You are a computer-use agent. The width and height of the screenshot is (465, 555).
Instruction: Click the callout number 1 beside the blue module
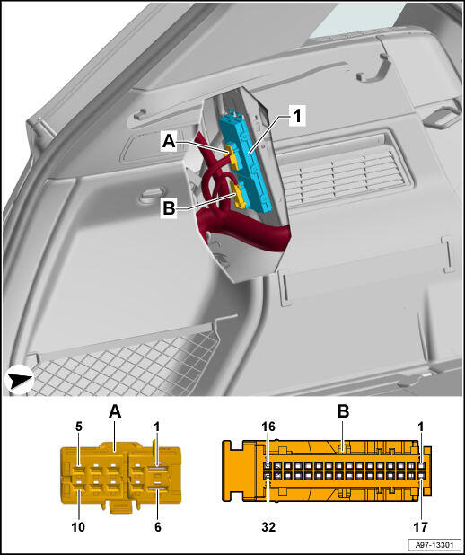click(x=297, y=116)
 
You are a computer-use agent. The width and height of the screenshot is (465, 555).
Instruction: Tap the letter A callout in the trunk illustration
click(x=169, y=142)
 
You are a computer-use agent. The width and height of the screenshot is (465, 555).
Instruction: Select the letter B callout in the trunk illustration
click(x=169, y=208)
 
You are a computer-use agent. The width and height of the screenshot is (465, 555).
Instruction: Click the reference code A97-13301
click(x=434, y=543)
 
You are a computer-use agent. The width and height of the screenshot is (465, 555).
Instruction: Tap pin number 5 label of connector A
click(x=79, y=427)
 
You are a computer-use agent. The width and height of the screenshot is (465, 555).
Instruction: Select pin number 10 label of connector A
click(x=78, y=527)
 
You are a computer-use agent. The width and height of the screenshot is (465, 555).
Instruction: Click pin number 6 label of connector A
click(x=158, y=527)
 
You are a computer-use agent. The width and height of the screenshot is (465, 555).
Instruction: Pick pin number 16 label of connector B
click(x=268, y=427)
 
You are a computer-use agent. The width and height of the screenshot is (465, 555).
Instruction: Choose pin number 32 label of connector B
click(x=268, y=527)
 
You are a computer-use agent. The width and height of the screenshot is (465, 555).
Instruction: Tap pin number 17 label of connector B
click(x=421, y=527)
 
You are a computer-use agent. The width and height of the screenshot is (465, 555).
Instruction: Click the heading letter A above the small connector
click(x=115, y=411)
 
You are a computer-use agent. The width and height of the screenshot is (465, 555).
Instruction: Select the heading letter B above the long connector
click(x=343, y=411)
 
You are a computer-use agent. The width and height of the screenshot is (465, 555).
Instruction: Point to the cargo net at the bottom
click(x=124, y=365)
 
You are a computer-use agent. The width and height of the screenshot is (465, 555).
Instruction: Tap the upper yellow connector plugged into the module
click(x=232, y=155)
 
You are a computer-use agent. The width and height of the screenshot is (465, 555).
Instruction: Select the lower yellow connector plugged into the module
click(x=239, y=194)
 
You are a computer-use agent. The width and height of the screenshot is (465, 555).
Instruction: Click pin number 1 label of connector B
click(x=421, y=427)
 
